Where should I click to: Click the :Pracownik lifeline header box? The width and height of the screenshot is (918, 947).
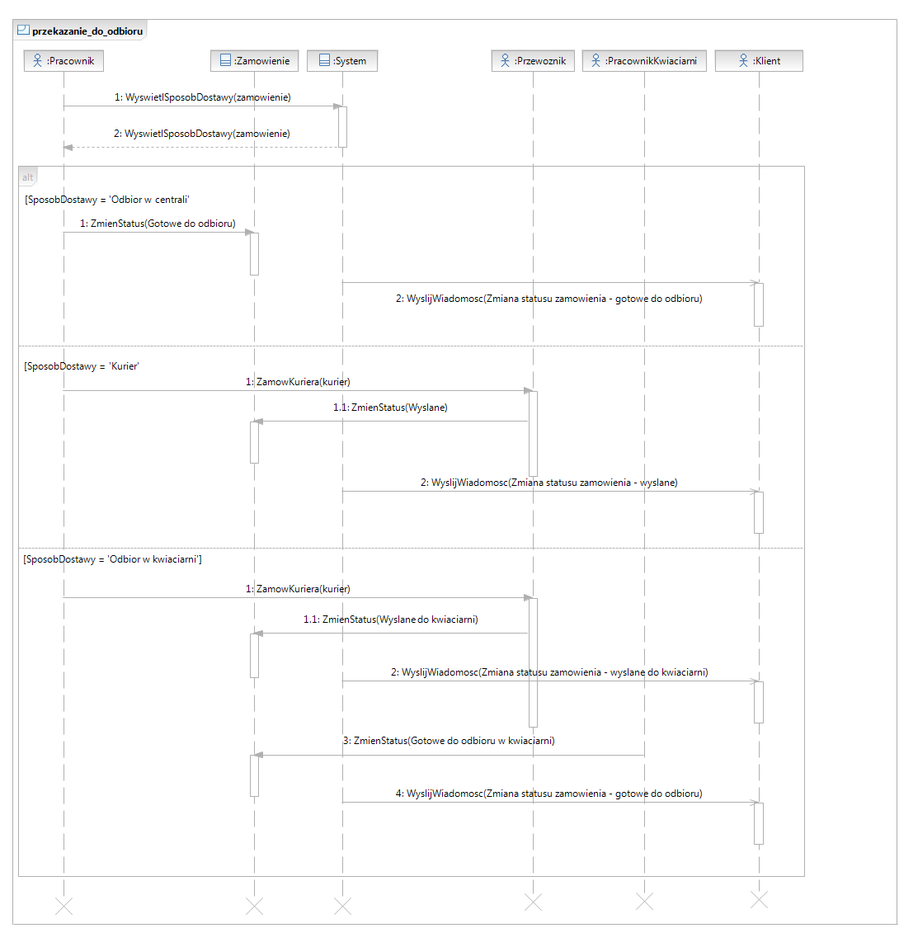[x=64, y=61]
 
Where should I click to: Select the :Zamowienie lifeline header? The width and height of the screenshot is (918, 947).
[x=254, y=61]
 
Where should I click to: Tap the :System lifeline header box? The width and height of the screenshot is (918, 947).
[x=341, y=61]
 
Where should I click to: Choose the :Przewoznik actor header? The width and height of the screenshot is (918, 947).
[x=533, y=61]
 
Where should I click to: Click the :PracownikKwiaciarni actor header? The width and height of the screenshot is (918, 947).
[x=644, y=61]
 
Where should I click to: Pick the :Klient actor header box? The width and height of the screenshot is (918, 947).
[x=759, y=61]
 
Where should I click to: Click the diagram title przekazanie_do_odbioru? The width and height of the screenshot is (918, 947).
[x=87, y=31]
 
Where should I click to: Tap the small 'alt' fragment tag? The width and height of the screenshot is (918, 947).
[x=28, y=177]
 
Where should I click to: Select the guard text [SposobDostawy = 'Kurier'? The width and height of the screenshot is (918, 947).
[x=82, y=366]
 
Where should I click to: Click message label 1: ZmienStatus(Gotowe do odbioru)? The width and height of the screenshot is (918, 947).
[x=158, y=224]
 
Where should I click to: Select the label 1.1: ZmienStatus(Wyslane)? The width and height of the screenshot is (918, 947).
[x=390, y=408]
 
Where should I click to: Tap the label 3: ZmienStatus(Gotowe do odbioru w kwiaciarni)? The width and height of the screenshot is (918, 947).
[x=449, y=741]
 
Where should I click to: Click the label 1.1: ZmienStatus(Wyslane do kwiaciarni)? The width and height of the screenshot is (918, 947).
[x=391, y=620]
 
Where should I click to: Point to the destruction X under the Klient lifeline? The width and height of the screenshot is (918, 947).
[x=759, y=900]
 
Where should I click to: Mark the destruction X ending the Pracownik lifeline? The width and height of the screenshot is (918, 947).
[x=64, y=906]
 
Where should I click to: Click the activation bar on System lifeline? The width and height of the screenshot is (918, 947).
[x=342, y=127]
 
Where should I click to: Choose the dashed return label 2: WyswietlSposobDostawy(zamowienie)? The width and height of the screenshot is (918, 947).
[x=202, y=134]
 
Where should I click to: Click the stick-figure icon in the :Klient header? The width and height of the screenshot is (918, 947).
[x=743, y=60]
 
